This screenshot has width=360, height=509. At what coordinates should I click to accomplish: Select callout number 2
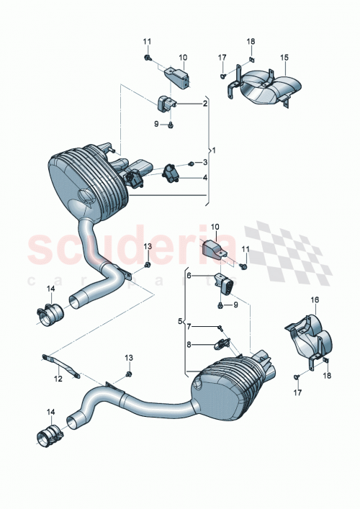pyautogui.click(x=204, y=104)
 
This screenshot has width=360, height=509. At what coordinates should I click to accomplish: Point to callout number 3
pyautogui.click(x=204, y=163)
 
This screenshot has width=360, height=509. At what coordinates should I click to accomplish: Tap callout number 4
pyautogui.click(x=204, y=177)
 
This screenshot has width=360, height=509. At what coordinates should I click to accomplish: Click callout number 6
pyautogui.click(x=189, y=276)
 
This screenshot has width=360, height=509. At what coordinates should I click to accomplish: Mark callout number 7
pyautogui.click(x=189, y=327)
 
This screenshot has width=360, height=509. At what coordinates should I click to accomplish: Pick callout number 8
pyautogui.click(x=189, y=345)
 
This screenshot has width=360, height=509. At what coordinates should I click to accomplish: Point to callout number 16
pyautogui.click(x=315, y=299)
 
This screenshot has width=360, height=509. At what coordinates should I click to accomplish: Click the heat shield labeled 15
pyautogui.click(x=262, y=89)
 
